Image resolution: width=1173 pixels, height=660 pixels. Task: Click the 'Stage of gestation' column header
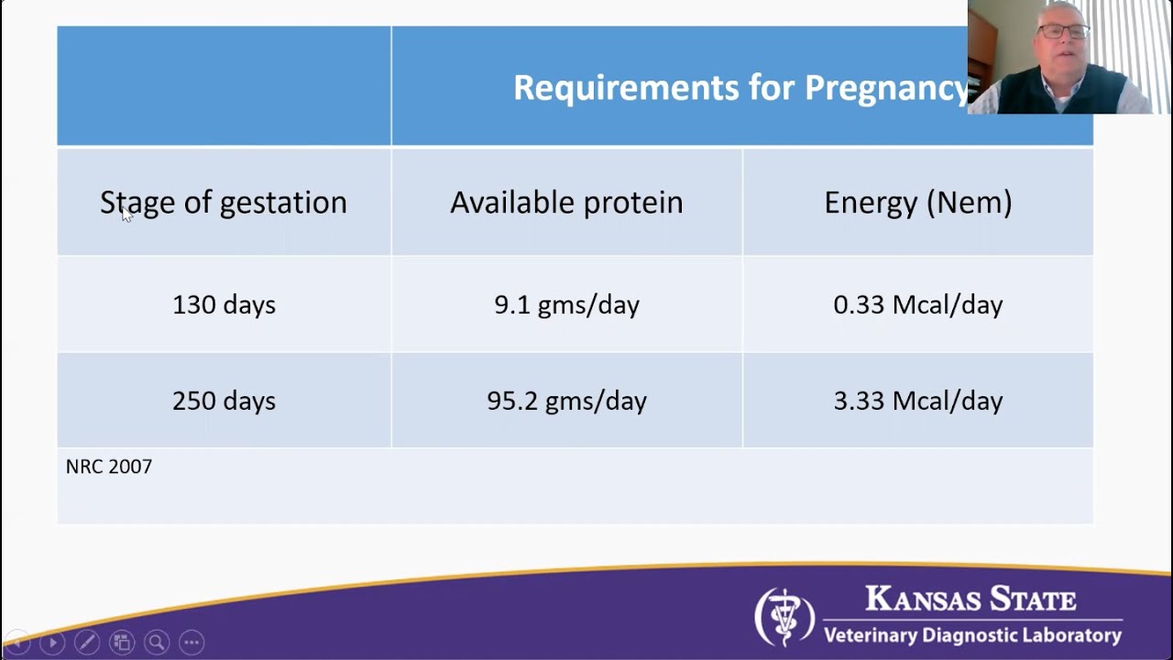223,203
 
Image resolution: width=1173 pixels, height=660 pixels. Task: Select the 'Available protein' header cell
566,203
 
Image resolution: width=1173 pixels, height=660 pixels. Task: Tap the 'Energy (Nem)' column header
917,203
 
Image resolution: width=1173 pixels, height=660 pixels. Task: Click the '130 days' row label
224,304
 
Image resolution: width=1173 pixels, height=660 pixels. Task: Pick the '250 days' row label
224,401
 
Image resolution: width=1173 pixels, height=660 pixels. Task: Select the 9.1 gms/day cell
566,304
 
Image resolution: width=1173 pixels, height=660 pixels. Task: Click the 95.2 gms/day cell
566,401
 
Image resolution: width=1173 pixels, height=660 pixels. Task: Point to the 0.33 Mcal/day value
917,304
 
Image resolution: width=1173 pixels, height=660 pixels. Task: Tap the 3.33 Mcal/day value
917,401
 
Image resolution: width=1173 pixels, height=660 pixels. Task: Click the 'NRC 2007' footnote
108,467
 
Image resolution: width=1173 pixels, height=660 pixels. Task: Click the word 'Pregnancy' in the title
885,88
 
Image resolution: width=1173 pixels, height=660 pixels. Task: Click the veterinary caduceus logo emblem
784,617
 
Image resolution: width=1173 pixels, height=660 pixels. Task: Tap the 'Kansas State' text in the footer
970,600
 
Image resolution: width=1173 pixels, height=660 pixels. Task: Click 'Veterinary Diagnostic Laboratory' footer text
971,635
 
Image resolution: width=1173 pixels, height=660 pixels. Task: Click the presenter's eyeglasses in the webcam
1063,31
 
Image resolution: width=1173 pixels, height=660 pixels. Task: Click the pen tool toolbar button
87,643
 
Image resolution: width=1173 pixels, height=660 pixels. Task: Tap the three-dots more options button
191,643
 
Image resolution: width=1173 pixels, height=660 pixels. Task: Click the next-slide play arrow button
52,643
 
